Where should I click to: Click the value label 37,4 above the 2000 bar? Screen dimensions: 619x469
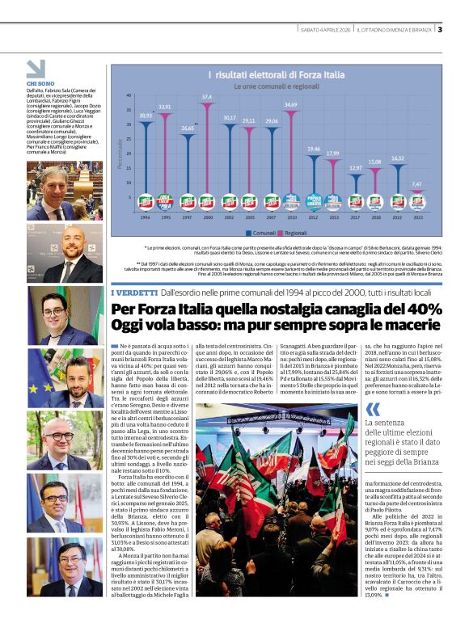207,96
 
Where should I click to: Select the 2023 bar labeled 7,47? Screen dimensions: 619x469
416,203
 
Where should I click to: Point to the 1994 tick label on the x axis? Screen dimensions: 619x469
145,217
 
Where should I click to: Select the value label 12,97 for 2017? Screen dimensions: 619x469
356,167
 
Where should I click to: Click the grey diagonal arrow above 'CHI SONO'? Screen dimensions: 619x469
36,68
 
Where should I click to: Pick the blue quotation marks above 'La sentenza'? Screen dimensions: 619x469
372,407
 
